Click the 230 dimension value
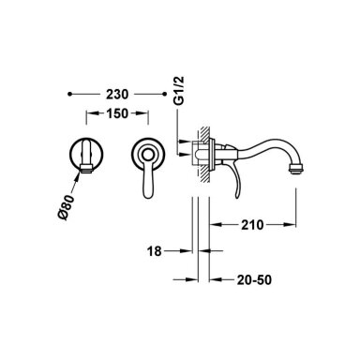point(117,94)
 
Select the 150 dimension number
point(117,113)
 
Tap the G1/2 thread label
point(179,91)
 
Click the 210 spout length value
point(252,225)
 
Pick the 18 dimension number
point(155,251)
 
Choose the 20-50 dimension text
point(254,280)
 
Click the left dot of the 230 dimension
point(70,94)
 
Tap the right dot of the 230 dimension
point(165,94)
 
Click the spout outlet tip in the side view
point(296,169)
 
